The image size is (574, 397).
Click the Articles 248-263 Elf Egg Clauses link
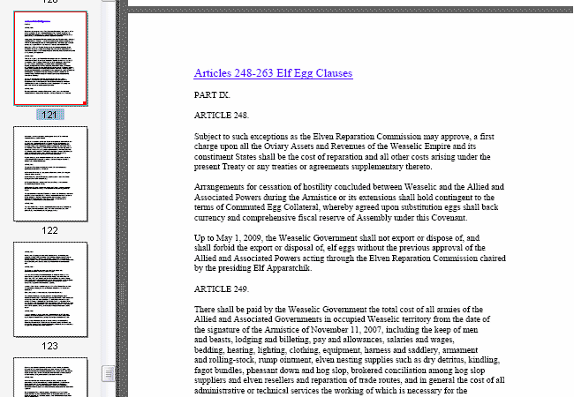click(273, 73)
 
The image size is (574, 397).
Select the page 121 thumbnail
click(50, 59)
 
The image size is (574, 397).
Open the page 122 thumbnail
click(50, 175)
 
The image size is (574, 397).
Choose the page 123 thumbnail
click(50, 288)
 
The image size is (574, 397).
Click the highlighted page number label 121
click(49, 116)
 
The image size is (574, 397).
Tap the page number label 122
click(49, 230)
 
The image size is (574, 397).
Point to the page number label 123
click(49, 346)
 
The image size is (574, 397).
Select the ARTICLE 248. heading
click(222, 115)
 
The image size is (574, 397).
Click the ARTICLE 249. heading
click(222, 289)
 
